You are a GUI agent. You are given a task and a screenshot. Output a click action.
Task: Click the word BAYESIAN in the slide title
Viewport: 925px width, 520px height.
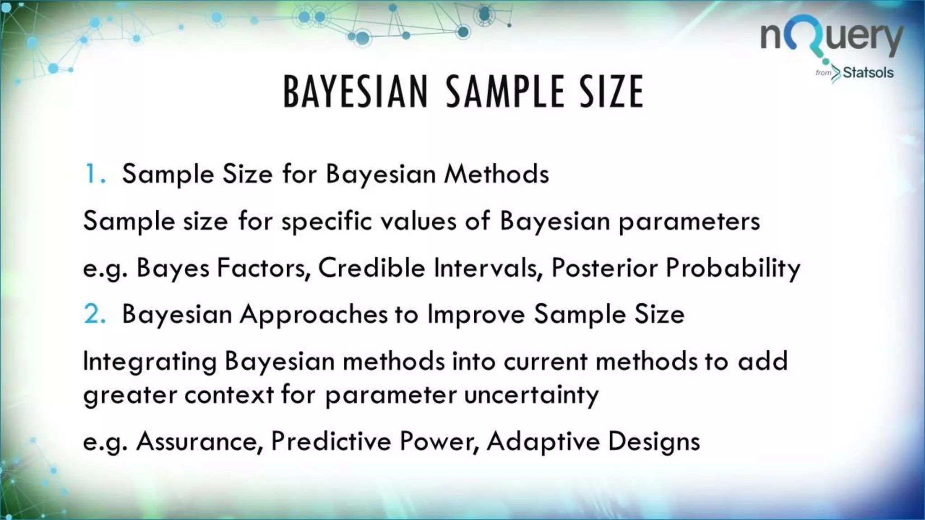(355, 92)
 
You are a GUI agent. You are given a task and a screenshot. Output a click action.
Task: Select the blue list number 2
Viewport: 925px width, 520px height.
(94, 315)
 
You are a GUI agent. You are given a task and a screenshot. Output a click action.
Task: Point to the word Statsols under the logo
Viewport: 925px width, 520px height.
(868, 73)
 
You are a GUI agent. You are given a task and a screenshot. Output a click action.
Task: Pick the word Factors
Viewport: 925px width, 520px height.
(264, 268)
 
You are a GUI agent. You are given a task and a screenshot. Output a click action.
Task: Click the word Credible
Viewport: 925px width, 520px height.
(372, 268)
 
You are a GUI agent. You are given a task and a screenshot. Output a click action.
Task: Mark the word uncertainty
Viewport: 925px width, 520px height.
(531, 395)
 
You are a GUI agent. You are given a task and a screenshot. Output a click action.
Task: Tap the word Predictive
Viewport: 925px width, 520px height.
(331, 442)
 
